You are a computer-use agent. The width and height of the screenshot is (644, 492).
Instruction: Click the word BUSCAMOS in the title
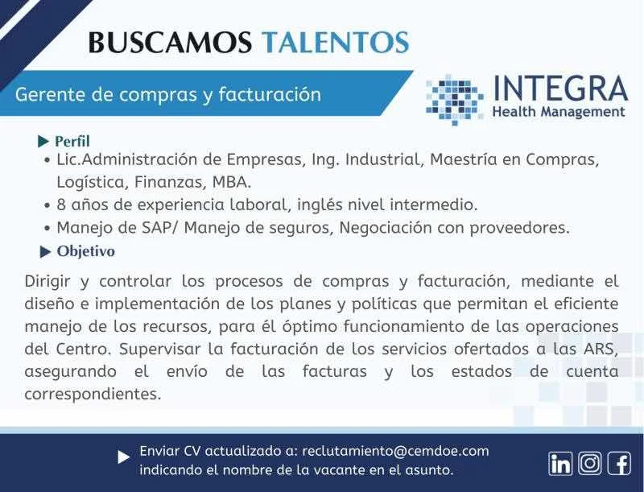click(170, 42)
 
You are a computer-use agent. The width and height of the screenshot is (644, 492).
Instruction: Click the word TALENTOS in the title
click(336, 42)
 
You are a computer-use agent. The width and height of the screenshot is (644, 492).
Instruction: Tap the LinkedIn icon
click(560, 463)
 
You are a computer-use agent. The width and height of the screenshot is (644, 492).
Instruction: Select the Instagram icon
click(590, 463)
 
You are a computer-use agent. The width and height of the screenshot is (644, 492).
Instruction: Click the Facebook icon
click(619, 463)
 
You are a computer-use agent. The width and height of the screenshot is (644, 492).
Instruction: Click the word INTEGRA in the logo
click(559, 88)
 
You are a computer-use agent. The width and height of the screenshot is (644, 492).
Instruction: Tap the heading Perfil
click(72, 141)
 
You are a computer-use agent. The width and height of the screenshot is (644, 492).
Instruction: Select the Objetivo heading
click(86, 251)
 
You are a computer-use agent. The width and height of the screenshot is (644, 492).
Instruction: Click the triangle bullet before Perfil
click(43, 142)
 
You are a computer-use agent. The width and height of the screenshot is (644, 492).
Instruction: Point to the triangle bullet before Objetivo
click(45, 252)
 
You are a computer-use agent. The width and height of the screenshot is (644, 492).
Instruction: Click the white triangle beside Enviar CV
click(124, 457)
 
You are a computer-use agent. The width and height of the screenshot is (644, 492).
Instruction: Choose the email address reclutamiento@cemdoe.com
click(395, 451)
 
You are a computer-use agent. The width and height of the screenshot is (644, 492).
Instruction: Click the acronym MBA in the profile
click(231, 181)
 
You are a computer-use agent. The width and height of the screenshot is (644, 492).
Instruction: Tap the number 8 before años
click(61, 205)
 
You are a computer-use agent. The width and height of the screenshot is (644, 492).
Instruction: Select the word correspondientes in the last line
click(93, 395)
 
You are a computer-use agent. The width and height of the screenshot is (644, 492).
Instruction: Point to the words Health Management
click(559, 112)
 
